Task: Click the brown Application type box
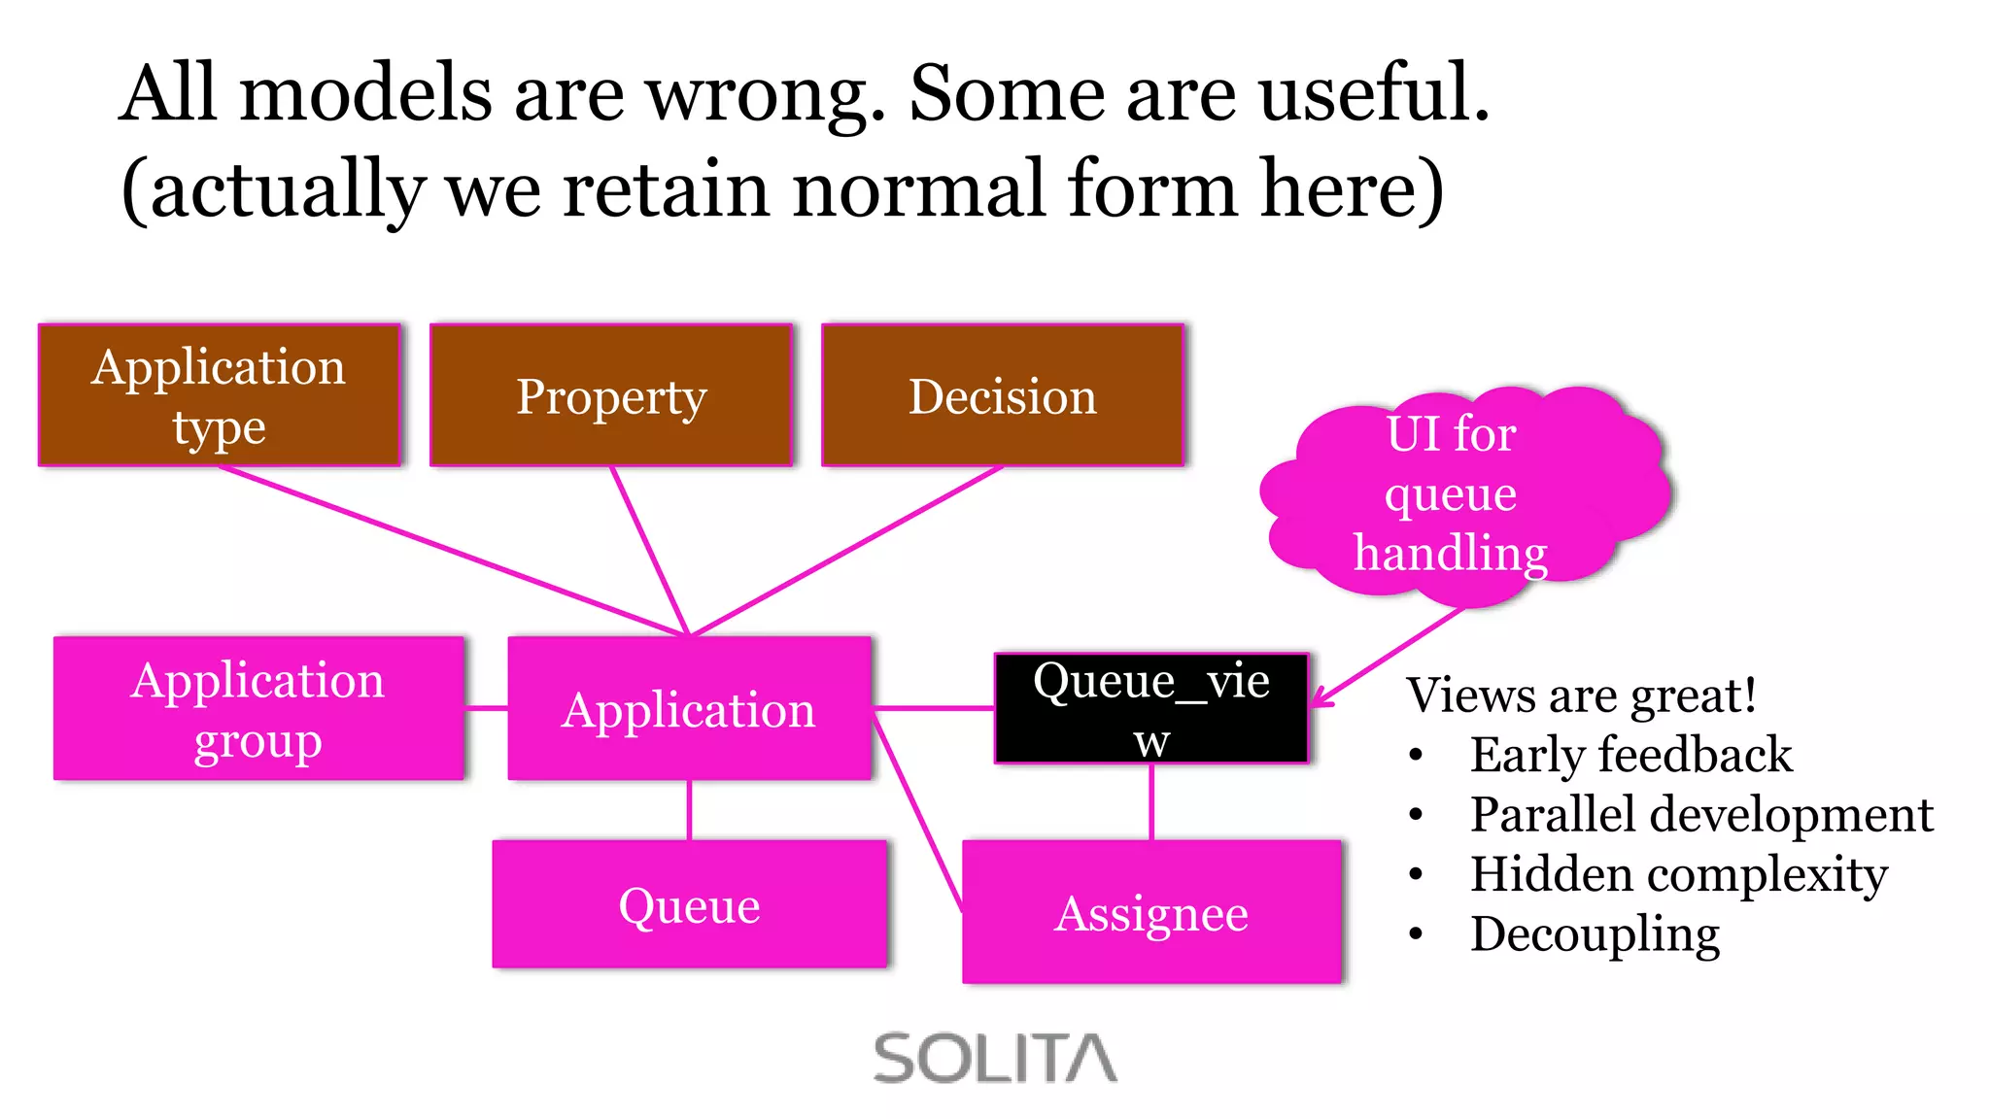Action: (220, 395)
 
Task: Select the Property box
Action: (611, 395)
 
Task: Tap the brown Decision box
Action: (1002, 395)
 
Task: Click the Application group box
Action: (258, 708)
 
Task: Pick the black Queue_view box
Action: (1151, 708)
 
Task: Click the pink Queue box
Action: (689, 904)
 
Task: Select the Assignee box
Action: (1151, 912)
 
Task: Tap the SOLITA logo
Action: (995, 1058)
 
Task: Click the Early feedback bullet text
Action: (1630, 755)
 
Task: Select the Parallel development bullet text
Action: (1700, 814)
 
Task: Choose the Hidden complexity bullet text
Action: (1678, 874)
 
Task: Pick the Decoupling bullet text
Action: (1595, 934)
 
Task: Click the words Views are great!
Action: (1581, 695)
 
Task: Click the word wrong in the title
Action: (766, 94)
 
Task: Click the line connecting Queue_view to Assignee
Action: (1151, 801)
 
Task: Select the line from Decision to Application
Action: (846, 552)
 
